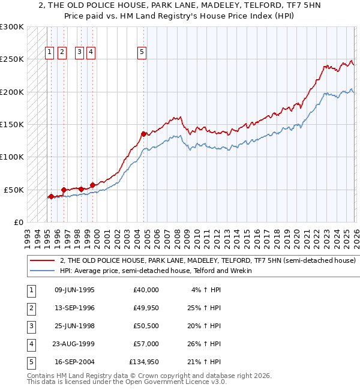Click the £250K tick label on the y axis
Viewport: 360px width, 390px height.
(x=12, y=59)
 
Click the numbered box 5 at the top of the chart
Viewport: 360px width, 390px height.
(x=142, y=53)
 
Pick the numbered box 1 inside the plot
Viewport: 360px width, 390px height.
(x=49, y=53)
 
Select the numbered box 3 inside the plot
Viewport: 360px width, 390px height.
(x=79, y=53)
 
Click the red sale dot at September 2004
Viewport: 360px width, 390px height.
(x=143, y=134)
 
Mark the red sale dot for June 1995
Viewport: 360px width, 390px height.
(x=51, y=196)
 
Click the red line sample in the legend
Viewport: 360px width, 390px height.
(x=42, y=261)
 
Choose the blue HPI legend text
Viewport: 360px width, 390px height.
(x=155, y=271)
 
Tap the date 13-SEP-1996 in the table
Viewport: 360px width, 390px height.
(x=74, y=308)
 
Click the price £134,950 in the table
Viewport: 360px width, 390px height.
(x=144, y=362)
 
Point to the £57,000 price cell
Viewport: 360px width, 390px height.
(x=146, y=344)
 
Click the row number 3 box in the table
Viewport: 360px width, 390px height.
(x=30, y=326)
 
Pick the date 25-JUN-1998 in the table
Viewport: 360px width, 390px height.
(x=74, y=326)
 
